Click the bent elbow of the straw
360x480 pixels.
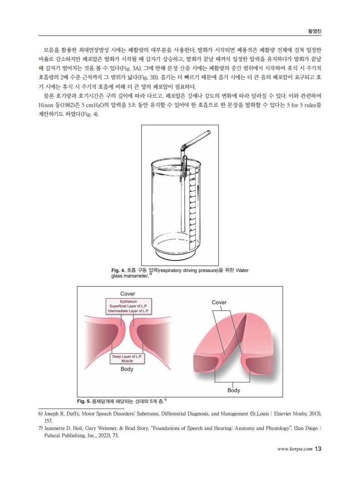click(184, 147)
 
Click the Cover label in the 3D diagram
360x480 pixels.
click(219, 302)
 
